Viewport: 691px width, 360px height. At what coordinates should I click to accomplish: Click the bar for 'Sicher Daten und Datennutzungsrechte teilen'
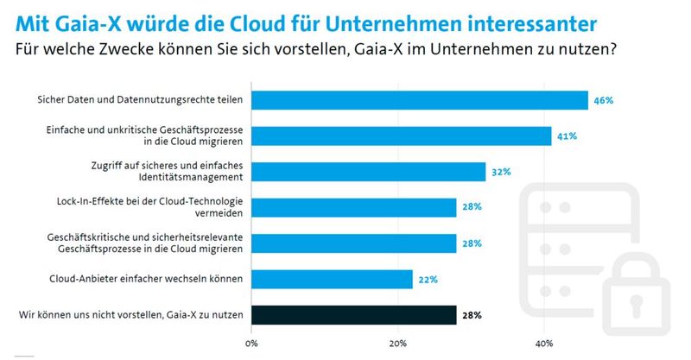419,100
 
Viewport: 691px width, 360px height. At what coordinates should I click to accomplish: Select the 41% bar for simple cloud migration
401,136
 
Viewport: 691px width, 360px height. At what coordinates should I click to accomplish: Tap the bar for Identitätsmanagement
368,172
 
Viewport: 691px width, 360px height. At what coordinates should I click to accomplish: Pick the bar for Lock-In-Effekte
353,207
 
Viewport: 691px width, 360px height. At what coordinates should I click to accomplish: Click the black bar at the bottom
353,314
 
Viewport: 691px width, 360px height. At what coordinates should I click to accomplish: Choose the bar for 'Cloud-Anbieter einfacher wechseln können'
332,279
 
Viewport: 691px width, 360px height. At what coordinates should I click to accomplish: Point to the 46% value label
603,100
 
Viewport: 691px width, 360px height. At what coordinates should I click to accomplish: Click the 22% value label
428,279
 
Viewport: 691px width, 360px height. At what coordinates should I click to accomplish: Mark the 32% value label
501,172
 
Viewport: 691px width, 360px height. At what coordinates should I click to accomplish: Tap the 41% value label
567,136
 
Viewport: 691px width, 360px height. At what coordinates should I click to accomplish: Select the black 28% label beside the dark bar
472,314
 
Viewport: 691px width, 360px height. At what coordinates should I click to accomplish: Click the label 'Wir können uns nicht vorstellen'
91,314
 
